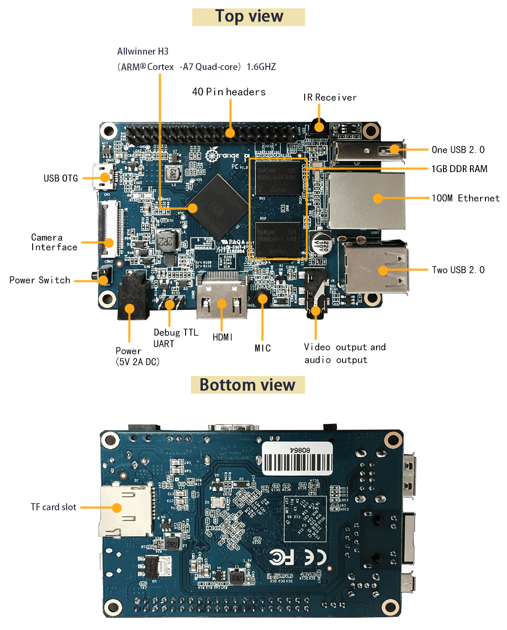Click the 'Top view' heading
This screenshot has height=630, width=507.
pyautogui.click(x=249, y=17)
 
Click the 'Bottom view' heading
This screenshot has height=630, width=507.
pyautogui.click(x=247, y=385)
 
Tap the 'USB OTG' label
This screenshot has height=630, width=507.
pyautogui.click(x=60, y=178)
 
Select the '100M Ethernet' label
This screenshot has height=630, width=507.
pyautogui.click(x=465, y=198)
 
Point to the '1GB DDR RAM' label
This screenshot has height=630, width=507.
pyautogui.click(x=459, y=169)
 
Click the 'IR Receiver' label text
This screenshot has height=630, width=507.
pyautogui.click(x=330, y=97)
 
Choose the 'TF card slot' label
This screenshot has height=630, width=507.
pyautogui.click(x=53, y=507)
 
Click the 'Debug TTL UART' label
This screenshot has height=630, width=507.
pyautogui.click(x=175, y=338)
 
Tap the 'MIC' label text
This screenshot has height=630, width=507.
pyautogui.click(x=262, y=348)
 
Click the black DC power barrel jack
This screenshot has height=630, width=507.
pyautogui.click(x=132, y=295)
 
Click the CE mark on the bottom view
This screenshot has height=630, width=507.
pyautogui.click(x=315, y=557)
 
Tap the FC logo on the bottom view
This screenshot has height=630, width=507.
pyautogui.click(x=281, y=557)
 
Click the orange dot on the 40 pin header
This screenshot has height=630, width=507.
pyautogui.click(x=230, y=132)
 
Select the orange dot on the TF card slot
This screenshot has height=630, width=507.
pyautogui.click(x=117, y=508)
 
